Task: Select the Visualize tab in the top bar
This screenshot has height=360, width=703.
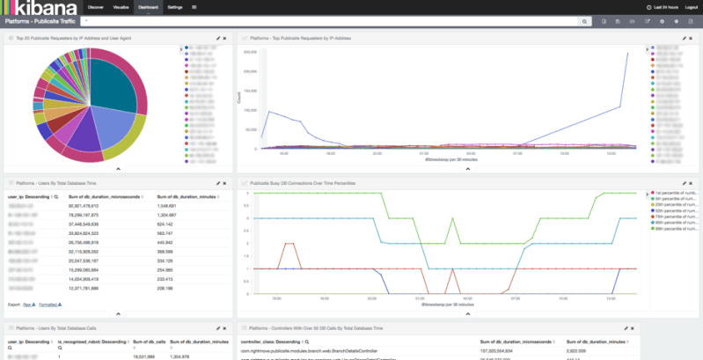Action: tap(122, 6)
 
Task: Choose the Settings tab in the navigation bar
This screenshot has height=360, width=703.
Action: tap(175, 6)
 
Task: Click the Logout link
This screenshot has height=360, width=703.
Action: tap(691, 6)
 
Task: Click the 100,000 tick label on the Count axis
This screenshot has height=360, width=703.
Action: tap(249, 110)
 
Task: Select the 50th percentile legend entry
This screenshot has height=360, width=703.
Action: tap(677, 210)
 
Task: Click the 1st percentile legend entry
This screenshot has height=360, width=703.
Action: tap(677, 192)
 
